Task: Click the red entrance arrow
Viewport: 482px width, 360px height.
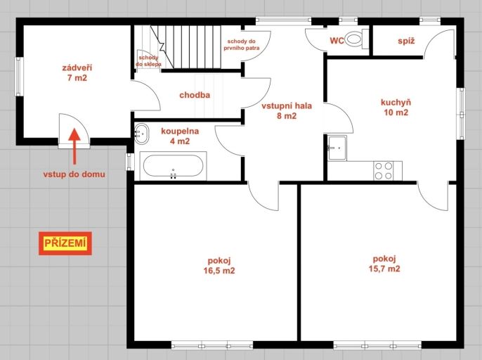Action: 74,146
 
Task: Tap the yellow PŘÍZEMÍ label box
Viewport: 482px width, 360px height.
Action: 65,243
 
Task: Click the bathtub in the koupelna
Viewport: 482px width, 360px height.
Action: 173,165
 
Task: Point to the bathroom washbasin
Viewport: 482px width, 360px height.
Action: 141,134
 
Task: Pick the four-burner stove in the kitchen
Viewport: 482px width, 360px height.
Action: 384,170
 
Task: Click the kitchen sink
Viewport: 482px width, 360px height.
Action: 337,148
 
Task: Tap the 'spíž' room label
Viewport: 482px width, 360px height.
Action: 406,41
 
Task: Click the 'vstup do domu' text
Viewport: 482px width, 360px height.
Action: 74,174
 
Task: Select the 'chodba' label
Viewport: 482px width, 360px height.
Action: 195,95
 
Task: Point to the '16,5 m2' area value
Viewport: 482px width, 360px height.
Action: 219,271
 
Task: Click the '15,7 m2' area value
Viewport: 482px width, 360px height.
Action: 384,269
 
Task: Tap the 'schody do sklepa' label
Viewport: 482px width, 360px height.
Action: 148,61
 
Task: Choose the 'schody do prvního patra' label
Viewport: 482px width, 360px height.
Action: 241,44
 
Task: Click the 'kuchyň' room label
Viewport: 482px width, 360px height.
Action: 396,102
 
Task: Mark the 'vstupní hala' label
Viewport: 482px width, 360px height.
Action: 287,106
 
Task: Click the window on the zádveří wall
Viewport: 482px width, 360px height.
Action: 20,77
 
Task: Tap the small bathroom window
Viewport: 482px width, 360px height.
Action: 130,162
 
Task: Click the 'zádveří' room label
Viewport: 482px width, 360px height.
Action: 77,67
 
